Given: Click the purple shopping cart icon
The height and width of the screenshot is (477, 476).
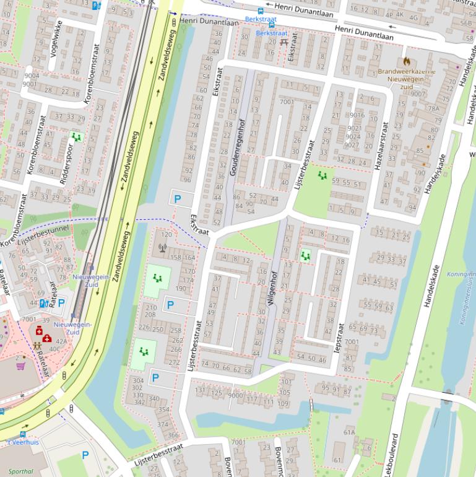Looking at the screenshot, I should (20, 365).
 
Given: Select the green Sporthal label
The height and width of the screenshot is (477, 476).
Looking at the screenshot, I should (21, 471).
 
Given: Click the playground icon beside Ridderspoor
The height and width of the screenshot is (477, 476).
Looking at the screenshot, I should (76, 136).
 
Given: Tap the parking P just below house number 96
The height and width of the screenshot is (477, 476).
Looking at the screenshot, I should (178, 199).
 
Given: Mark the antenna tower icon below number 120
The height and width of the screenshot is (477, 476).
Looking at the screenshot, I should (163, 249).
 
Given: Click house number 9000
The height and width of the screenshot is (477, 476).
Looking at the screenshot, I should (235, 395).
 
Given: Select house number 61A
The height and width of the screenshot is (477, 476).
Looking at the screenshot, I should (349, 432).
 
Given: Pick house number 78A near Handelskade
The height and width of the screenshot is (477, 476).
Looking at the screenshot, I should (433, 108).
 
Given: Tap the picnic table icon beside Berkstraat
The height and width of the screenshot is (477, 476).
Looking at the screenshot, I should (284, 42).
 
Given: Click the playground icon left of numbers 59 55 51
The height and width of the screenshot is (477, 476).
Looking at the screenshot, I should (322, 176).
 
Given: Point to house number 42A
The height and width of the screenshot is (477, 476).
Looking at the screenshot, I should (61, 341).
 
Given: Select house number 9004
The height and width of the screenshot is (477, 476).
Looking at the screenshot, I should (30, 76).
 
